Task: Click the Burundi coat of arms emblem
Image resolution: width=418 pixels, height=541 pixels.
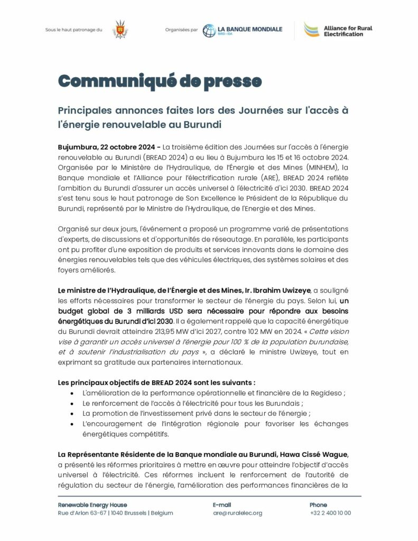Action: [119, 29]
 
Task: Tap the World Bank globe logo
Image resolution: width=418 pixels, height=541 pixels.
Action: [209, 30]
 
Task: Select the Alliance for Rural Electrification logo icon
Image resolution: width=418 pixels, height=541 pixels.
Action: [310, 30]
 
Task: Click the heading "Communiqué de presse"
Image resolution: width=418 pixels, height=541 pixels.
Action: [160, 81]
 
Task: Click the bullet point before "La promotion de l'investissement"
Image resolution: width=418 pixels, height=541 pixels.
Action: [71, 414]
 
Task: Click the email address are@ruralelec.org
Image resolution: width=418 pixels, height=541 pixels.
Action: [238, 513]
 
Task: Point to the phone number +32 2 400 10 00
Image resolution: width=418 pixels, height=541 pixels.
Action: [330, 513]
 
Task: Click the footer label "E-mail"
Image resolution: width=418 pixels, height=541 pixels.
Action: [222, 505]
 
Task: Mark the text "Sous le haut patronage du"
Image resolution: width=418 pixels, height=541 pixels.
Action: [73, 30]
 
